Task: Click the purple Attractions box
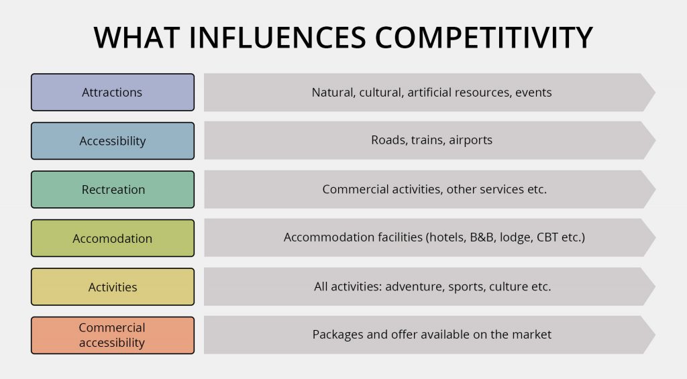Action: (112, 93)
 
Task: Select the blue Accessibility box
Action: (112, 141)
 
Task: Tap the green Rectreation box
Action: (112, 190)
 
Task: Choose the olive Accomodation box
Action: (112, 238)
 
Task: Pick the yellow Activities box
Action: (112, 287)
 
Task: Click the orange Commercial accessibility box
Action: (112, 335)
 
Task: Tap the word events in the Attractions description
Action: (533, 93)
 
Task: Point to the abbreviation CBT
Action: (548, 238)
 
